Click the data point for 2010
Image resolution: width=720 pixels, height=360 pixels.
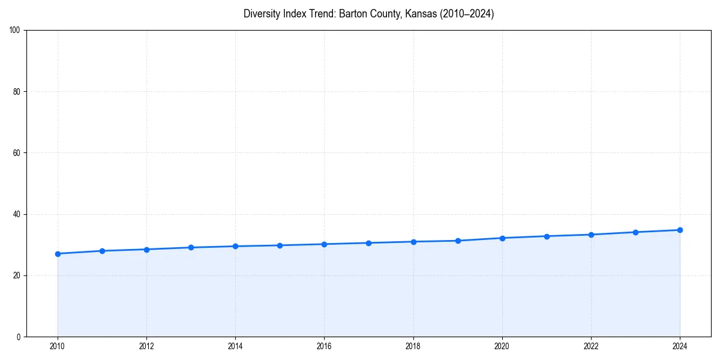(58, 254)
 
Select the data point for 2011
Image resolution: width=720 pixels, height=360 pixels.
(102, 251)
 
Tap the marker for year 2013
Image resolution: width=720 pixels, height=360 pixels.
(191, 247)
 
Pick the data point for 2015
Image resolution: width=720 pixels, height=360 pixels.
(280, 245)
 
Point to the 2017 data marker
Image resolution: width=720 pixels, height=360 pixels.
(368, 243)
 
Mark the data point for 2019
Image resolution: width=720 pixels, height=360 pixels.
(458, 241)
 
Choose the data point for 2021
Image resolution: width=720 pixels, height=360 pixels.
(547, 236)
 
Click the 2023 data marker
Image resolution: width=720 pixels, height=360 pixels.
(635, 232)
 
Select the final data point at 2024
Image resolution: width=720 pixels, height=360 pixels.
(680, 230)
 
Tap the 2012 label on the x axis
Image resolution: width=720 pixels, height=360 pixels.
(146, 346)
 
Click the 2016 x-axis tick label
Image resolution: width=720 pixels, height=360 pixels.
(324, 346)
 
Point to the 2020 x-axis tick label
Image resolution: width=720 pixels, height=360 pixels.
(502, 346)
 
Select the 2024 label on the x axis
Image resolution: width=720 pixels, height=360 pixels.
(680, 346)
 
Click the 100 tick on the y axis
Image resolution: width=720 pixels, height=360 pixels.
(16, 31)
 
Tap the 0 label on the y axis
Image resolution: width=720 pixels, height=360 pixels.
(19, 337)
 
